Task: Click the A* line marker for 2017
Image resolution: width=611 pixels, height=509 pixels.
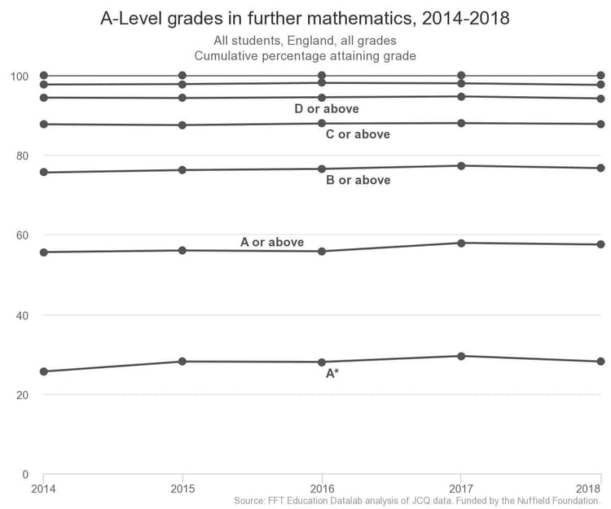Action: pyautogui.click(x=461, y=356)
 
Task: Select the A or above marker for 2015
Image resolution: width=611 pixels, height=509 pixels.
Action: pyautogui.click(x=182, y=250)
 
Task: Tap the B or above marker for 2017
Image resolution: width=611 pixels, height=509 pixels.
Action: pyautogui.click(x=461, y=166)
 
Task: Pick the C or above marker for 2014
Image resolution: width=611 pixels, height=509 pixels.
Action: pyautogui.click(x=43, y=124)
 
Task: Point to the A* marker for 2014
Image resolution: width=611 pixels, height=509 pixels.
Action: pyautogui.click(x=43, y=371)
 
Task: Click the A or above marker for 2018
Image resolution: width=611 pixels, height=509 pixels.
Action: pyautogui.click(x=600, y=244)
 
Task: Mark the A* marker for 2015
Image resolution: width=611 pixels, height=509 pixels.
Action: pyautogui.click(x=182, y=362)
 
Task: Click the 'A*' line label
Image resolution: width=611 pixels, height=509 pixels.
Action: pyautogui.click(x=332, y=374)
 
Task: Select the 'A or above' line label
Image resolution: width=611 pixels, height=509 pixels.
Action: pyautogui.click(x=272, y=242)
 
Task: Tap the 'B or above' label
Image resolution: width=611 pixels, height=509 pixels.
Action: pyautogui.click(x=358, y=180)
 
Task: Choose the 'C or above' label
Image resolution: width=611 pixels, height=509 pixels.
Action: pyautogui.click(x=358, y=134)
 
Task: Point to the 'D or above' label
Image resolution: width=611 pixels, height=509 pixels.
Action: pyautogui.click(x=327, y=109)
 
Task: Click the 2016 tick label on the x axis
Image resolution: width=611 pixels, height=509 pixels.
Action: pyautogui.click(x=322, y=488)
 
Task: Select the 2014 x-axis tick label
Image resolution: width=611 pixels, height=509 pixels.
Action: pyautogui.click(x=43, y=488)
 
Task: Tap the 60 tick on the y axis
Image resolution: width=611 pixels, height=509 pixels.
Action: pyautogui.click(x=22, y=235)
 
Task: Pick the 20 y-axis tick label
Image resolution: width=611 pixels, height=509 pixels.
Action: pyautogui.click(x=22, y=395)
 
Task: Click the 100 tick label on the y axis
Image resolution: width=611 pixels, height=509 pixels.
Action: pyautogui.click(x=19, y=77)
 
